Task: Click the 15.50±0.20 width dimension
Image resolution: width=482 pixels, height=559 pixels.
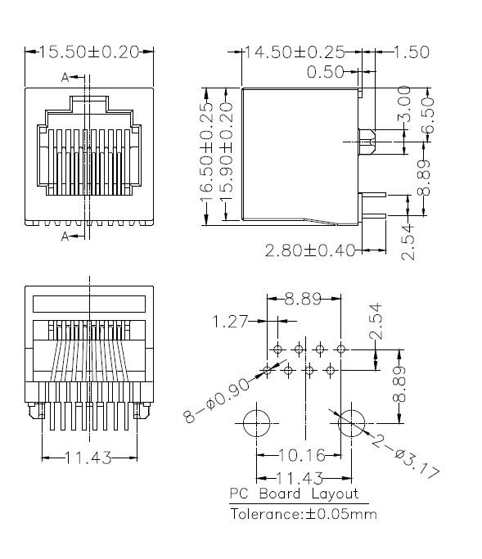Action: (x=88, y=52)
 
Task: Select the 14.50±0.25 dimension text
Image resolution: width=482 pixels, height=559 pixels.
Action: (x=294, y=52)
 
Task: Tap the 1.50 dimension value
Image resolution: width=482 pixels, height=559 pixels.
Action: (x=412, y=52)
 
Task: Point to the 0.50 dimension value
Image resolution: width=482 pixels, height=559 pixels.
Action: (x=325, y=72)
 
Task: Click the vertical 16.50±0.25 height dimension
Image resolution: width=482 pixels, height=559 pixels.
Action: (x=206, y=152)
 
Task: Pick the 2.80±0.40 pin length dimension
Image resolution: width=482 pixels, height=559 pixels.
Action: (x=310, y=250)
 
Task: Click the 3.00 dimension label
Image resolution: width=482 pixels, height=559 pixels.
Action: (x=404, y=104)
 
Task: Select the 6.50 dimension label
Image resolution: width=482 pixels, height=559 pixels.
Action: (x=428, y=115)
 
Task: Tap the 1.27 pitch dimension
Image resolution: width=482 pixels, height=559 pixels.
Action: (x=230, y=322)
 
